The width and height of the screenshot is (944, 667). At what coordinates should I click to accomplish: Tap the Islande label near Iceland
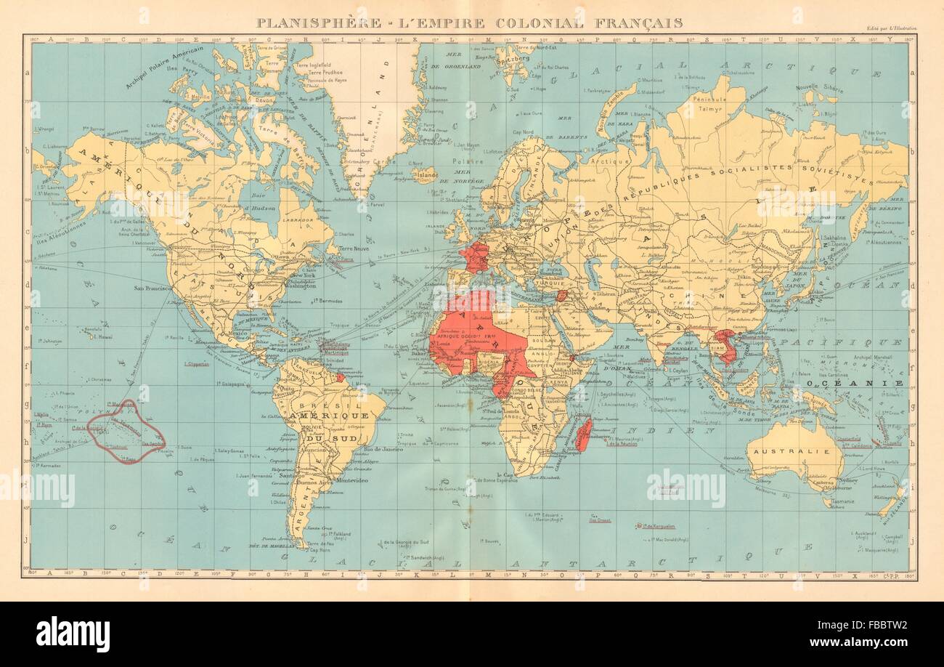pyautogui.click(x=427, y=174)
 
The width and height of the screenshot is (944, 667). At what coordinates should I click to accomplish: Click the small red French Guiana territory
pyautogui.click(x=339, y=378)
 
